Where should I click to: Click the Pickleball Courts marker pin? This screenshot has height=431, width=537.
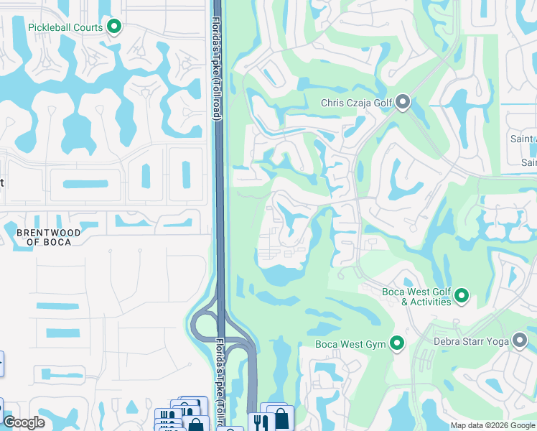click(x=114, y=27)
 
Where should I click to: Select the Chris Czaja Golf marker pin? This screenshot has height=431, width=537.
click(x=403, y=103)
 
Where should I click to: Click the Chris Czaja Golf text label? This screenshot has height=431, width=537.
click(x=357, y=103)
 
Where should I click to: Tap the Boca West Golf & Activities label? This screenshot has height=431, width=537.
click(x=416, y=297)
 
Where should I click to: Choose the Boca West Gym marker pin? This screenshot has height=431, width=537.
click(x=396, y=344)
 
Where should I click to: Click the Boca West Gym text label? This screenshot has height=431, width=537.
click(x=351, y=345)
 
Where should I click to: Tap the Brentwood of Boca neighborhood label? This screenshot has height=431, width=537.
click(x=45, y=237)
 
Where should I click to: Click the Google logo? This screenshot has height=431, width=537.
click(x=24, y=422)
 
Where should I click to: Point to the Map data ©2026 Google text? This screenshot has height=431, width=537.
click(x=492, y=425)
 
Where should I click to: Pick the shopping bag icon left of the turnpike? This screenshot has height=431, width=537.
click(x=195, y=425)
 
